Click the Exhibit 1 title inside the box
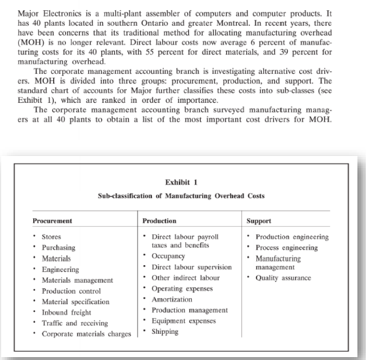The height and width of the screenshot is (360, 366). (181, 182)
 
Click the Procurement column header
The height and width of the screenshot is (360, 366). (55, 220)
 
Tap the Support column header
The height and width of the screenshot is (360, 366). (259, 220)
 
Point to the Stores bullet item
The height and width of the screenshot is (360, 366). (51, 237)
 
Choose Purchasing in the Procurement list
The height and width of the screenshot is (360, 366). (59, 247)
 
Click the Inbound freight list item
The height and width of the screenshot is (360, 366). (66, 312)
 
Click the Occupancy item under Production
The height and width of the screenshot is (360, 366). (168, 255)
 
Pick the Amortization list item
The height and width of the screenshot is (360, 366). (172, 299)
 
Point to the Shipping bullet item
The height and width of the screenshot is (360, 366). (165, 331)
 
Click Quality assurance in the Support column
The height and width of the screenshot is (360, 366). (283, 278)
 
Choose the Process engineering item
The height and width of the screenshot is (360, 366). (287, 247)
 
